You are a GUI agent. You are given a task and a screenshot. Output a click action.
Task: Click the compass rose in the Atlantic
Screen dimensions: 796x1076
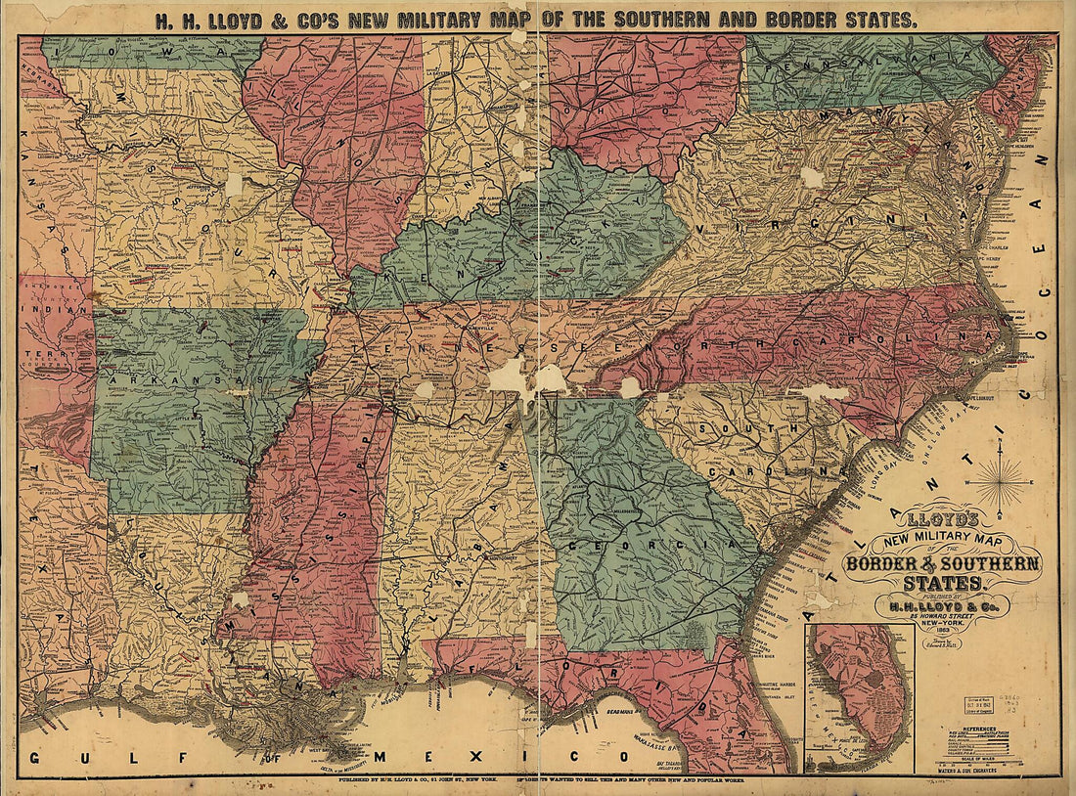pos(1000,482)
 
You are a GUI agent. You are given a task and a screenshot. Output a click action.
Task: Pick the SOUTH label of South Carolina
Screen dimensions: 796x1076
pos(744,427)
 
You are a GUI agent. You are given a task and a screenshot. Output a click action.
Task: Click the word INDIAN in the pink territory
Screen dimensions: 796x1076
pos(47,315)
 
